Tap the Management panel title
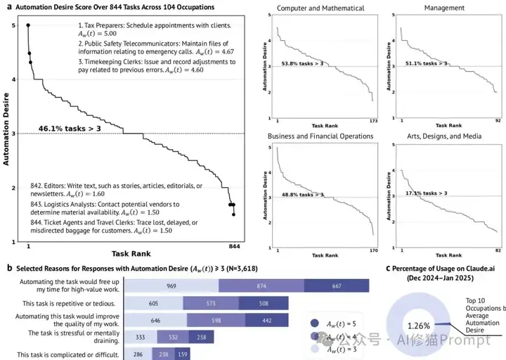444,8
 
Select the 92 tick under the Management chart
500,122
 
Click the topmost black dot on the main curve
28,25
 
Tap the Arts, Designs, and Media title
444,136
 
